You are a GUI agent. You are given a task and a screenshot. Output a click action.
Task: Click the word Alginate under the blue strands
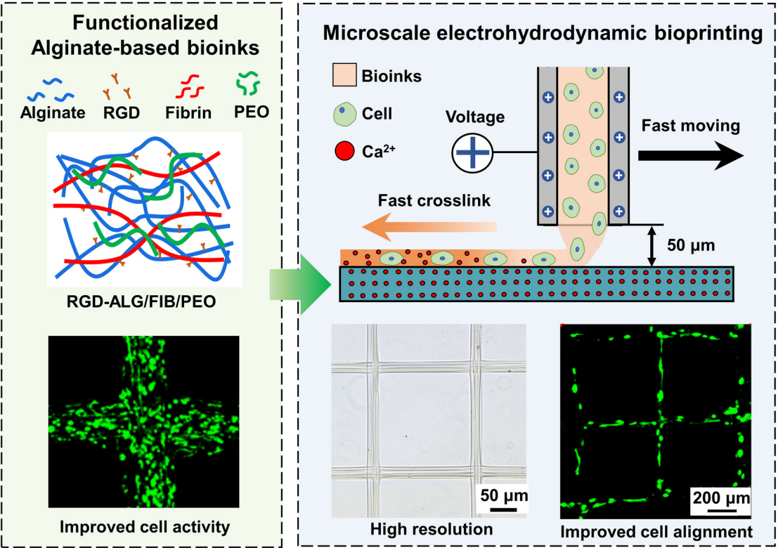[x=53, y=113]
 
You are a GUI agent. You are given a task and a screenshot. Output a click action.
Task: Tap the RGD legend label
[x=122, y=113]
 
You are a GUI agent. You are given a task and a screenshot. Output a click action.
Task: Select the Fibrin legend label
[x=188, y=113]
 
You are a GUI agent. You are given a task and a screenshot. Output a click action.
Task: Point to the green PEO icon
[x=247, y=84]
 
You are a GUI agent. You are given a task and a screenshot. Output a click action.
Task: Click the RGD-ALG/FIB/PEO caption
[x=141, y=301]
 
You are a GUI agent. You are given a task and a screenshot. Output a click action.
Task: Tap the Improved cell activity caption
[x=145, y=527]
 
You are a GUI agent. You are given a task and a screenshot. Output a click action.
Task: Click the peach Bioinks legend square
[x=344, y=75]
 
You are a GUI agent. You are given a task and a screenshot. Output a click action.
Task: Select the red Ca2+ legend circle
[x=344, y=151]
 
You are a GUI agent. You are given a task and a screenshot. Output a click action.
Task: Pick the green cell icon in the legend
[x=344, y=114]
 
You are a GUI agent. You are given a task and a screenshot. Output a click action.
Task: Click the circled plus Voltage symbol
[x=472, y=152]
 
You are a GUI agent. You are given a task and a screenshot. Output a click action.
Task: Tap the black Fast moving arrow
[x=691, y=155]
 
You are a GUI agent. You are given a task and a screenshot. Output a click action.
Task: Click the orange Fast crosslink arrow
[x=429, y=227]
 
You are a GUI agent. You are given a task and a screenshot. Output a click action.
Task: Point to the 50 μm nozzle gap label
[x=691, y=245]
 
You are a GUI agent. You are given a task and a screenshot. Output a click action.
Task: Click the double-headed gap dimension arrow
[x=652, y=246]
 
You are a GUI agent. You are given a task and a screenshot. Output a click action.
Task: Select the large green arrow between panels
[x=301, y=285]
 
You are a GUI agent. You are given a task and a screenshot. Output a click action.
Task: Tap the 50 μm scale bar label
[x=504, y=495]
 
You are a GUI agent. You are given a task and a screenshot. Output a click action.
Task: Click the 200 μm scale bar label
[x=721, y=497]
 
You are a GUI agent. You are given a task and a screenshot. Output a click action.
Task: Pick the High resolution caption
[x=432, y=529]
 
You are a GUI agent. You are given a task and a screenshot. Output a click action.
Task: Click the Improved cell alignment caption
[x=656, y=532]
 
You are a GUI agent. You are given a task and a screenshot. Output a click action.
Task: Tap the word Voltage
[x=475, y=117]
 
